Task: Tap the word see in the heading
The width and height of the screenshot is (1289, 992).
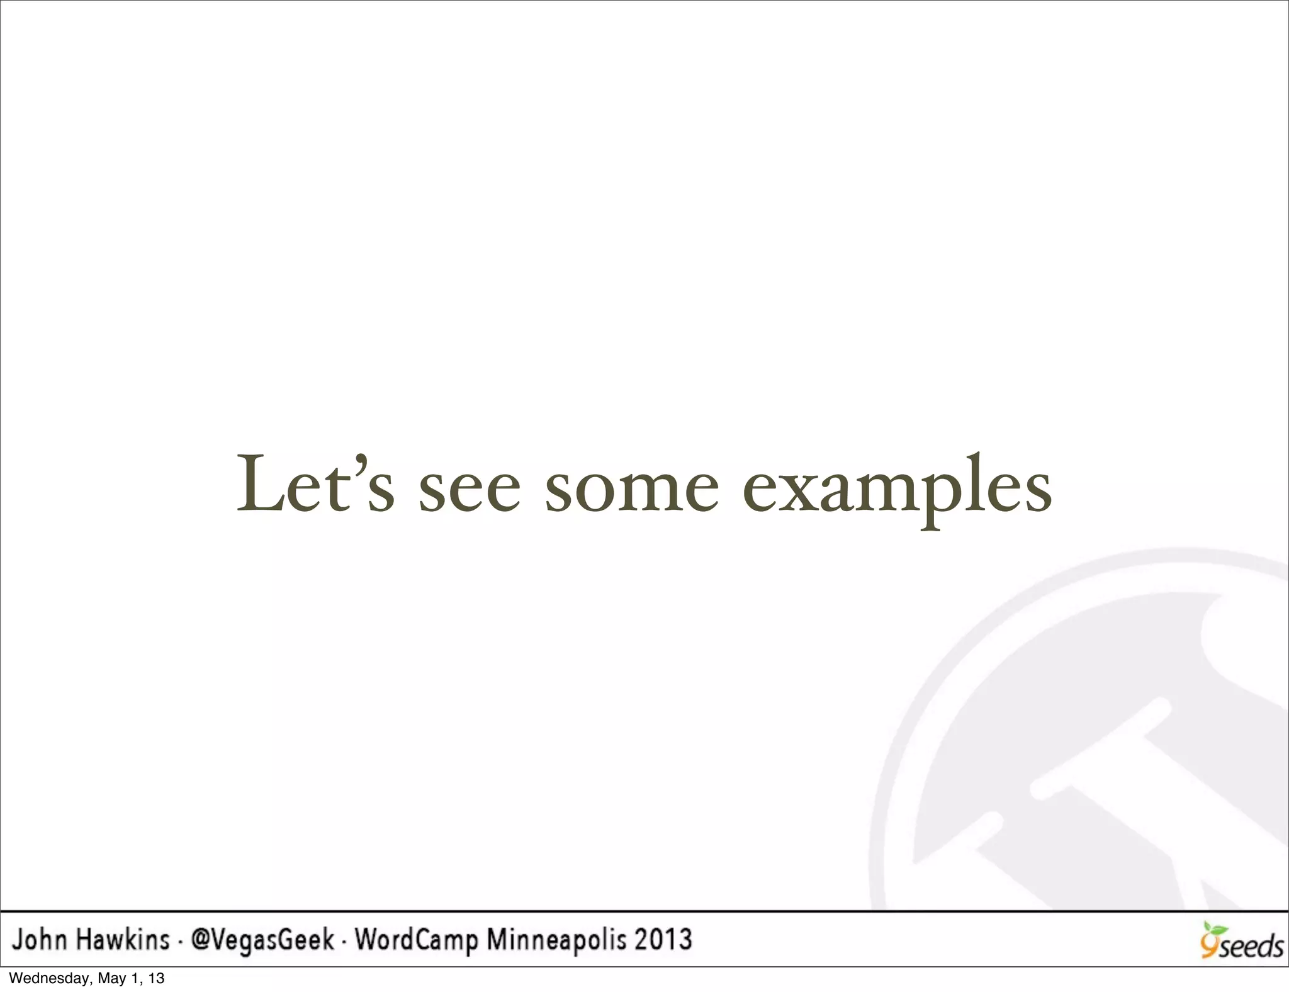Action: click(x=470, y=490)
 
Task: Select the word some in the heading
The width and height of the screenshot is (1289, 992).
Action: click(x=631, y=490)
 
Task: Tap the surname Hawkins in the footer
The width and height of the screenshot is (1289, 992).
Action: click(x=123, y=940)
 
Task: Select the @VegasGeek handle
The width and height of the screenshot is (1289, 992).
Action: click(x=262, y=940)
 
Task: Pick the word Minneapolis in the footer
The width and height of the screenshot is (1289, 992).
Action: click(x=557, y=940)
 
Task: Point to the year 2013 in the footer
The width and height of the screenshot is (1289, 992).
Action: click(x=663, y=940)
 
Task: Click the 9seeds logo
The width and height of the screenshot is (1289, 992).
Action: click(x=1241, y=942)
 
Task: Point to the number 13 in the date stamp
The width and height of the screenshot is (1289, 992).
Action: click(x=157, y=978)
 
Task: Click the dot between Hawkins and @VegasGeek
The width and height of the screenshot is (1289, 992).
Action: click(x=180, y=942)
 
